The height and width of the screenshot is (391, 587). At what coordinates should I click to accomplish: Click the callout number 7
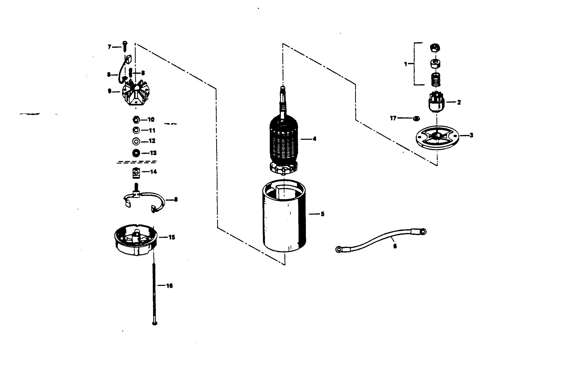[109, 47]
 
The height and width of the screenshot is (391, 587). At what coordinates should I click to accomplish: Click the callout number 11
[152, 130]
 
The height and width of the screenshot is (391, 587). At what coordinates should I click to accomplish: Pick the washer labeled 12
[136, 141]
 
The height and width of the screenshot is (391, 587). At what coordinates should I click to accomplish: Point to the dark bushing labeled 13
[136, 153]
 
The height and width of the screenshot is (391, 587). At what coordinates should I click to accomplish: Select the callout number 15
[172, 237]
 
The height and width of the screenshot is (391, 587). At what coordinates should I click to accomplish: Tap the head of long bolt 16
[155, 323]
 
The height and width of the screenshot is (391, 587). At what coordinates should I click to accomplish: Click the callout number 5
[322, 214]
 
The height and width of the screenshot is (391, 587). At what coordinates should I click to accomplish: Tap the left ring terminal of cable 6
[338, 250]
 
